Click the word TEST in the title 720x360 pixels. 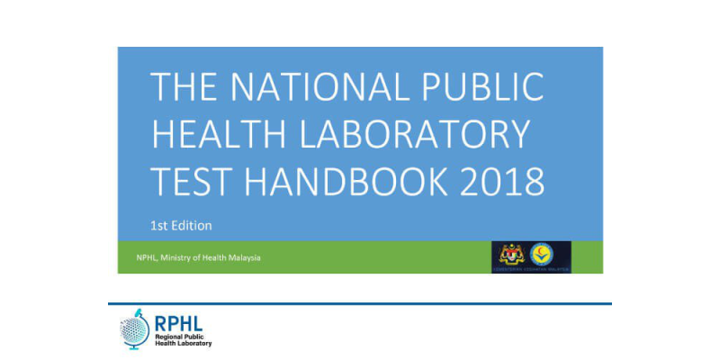point(190,181)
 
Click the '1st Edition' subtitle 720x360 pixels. point(181,225)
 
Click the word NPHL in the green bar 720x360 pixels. point(138,259)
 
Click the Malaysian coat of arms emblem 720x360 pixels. point(510,253)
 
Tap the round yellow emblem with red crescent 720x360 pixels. point(542,253)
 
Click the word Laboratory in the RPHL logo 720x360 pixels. point(193,344)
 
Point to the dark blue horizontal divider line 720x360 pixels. point(360,303)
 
